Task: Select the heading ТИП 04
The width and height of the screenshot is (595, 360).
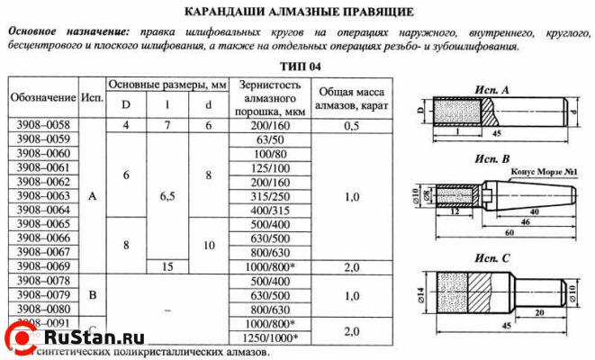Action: [x=299, y=66]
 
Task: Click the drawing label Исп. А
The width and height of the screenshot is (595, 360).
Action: [x=491, y=89]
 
